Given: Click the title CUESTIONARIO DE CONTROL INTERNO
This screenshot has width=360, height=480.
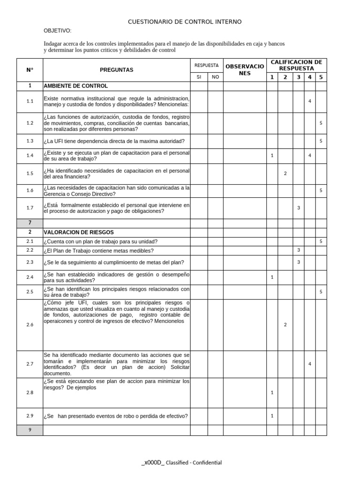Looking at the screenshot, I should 185,22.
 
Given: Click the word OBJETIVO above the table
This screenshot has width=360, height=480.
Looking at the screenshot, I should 57,30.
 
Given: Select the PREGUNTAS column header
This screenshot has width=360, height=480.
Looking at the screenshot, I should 116,70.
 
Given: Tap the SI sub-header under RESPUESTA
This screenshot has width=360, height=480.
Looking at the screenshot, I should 199,77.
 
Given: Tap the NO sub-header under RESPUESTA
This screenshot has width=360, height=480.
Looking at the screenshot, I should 215,77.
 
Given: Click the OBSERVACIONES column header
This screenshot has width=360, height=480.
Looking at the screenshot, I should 245,70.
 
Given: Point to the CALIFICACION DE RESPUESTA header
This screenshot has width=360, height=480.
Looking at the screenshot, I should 296,65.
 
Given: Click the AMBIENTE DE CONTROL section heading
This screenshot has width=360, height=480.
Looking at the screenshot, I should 75,86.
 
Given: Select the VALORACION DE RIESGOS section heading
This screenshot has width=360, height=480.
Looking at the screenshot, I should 78,232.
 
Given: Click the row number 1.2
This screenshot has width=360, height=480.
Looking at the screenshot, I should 30,123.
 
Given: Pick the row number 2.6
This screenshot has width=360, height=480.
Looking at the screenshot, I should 30,325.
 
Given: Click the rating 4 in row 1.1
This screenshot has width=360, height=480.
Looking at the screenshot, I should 309,101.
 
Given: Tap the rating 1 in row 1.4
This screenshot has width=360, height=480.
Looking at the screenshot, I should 272,155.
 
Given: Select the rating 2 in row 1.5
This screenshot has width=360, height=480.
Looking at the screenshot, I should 285,173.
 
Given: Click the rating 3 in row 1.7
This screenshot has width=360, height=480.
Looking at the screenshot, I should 298,208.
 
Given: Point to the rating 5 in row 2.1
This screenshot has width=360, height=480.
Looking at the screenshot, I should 321,241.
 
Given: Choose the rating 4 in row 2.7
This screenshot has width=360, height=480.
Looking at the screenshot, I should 309,364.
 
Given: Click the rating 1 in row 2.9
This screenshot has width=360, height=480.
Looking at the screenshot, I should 272,415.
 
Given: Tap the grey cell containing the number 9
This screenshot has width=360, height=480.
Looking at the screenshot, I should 30,430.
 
